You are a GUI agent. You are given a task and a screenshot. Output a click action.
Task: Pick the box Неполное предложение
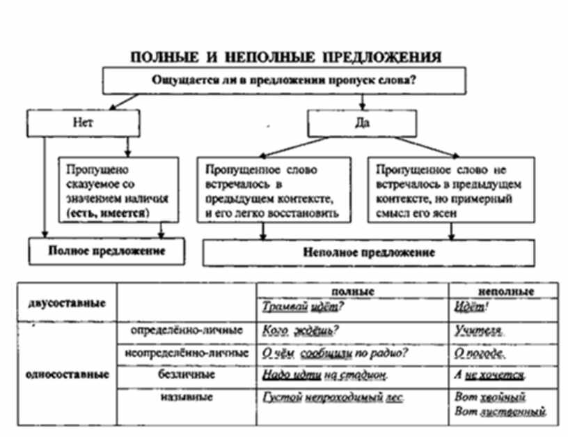(369, 253)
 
